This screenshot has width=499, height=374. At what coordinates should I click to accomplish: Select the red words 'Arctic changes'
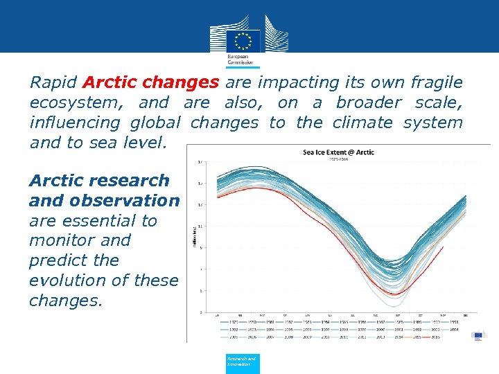150,83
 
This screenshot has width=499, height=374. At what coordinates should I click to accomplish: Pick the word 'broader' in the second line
369,103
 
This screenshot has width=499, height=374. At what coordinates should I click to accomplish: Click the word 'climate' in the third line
362,123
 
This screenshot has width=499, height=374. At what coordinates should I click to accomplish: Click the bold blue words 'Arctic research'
99,181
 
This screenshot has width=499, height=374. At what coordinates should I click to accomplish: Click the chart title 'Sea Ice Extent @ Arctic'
338,152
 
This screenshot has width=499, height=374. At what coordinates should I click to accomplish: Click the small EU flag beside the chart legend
479,335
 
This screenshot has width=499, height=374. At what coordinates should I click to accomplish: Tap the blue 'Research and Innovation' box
243,362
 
